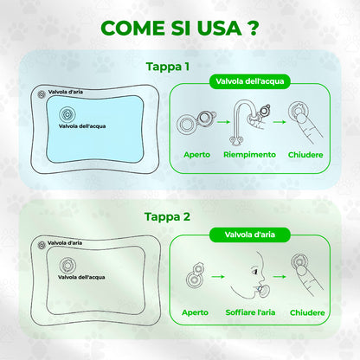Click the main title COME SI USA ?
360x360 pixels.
click(x=179, y=28)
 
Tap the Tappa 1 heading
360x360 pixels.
click(x=168, y=67)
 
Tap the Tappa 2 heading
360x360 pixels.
click(x=167, y=216)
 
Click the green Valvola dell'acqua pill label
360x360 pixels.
click(x=250, y=81)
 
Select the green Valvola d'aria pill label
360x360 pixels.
click(x=250, y=235)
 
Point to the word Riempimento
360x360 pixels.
click(x=249, y=155)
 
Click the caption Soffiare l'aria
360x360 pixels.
click(x=250, y=312)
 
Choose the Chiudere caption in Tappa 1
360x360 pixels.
click(x=305, y=155)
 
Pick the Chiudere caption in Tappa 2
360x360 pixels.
click(x=307, y=312)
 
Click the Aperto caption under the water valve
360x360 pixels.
click(x=197, y=155)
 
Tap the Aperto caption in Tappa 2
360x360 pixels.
click(x=195, y=312)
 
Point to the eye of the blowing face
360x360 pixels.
click(x=255, y=272)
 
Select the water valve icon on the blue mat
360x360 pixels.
click(x=67, y=114)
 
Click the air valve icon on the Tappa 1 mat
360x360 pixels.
click(x=42, y=94)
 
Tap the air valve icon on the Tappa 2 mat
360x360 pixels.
click(x=42, y=245)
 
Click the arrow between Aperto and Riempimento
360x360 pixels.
click(x=223, y=122)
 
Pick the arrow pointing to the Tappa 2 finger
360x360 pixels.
click(x=280, y=277)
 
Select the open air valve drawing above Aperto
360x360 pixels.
click(x=195, y=275)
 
